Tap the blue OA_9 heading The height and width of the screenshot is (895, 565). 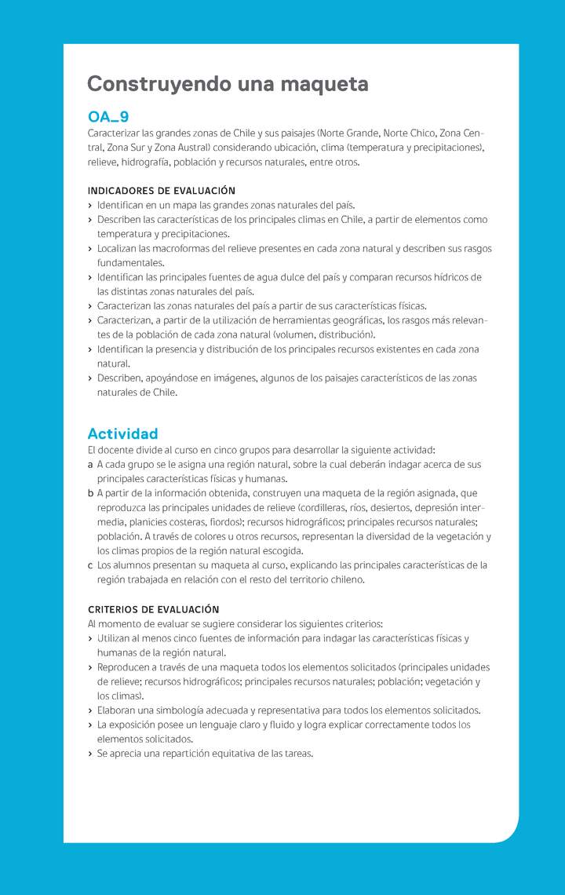[x=108, y=117]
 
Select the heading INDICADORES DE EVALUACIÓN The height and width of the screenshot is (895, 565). [x=161, y=191]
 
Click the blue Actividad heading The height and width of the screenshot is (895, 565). [x=122, y=433]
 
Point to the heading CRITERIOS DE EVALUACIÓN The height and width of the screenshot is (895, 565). [x=153, y=609]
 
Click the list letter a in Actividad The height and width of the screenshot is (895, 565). [x=90, y=465]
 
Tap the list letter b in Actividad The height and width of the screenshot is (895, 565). [x=91, y=494]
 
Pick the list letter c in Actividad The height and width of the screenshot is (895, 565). [x=90, y=565]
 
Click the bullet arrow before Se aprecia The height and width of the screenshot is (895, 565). [x=90, y=754]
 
